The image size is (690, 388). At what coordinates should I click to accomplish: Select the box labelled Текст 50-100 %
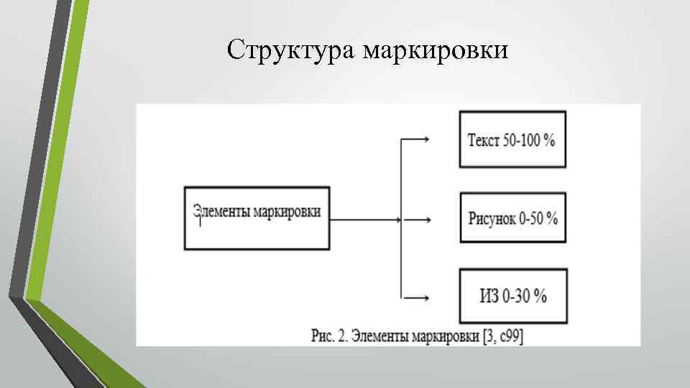(512, 139)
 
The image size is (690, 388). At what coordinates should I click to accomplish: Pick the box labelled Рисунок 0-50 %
(512, 218)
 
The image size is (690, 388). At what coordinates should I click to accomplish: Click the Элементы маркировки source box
(257, 218)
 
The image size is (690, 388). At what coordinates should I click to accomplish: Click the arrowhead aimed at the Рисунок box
(427, 218)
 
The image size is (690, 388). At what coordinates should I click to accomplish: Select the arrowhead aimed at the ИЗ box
(427, 296)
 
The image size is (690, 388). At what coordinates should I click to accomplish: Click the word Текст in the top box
(484, 140)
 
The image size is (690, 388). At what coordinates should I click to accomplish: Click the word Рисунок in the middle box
(492, 218)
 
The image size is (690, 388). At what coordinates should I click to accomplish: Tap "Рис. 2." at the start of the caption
(330, 336)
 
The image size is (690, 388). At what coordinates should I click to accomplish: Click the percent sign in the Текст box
(550, 140)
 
